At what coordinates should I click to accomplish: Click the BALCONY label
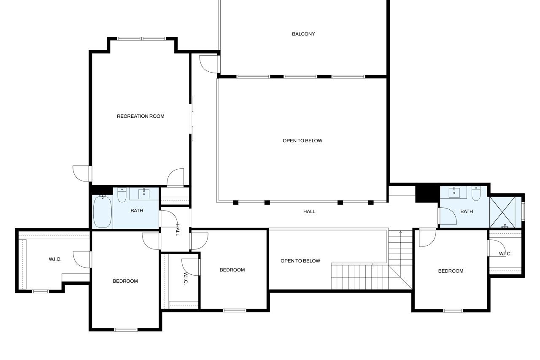pos(303,34)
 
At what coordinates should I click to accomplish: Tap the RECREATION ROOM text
pos(140,116)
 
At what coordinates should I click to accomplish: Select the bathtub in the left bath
pos(103,211)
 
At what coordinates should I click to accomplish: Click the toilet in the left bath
pos(122,195)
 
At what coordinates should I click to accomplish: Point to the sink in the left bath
pos(144,194)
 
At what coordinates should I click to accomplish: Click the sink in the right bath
pos(454,192)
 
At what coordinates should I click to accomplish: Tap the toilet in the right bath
pos(476,193)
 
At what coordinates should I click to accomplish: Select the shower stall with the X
pos(502,212)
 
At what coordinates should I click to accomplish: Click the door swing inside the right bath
pos(448,216)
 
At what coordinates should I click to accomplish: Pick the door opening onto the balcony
pos(209,64)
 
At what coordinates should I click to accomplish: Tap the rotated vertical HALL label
pos(178,230)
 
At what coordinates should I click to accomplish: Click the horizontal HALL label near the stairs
pos(309,211)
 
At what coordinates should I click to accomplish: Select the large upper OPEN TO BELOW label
pos(302,141)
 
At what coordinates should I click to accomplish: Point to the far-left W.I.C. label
pos(55,259)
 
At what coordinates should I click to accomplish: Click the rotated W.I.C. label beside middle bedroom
pos(185,279)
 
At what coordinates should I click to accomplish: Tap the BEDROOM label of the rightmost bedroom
pos(451,271)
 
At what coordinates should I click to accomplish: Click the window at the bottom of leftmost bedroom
pos(126,330)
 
